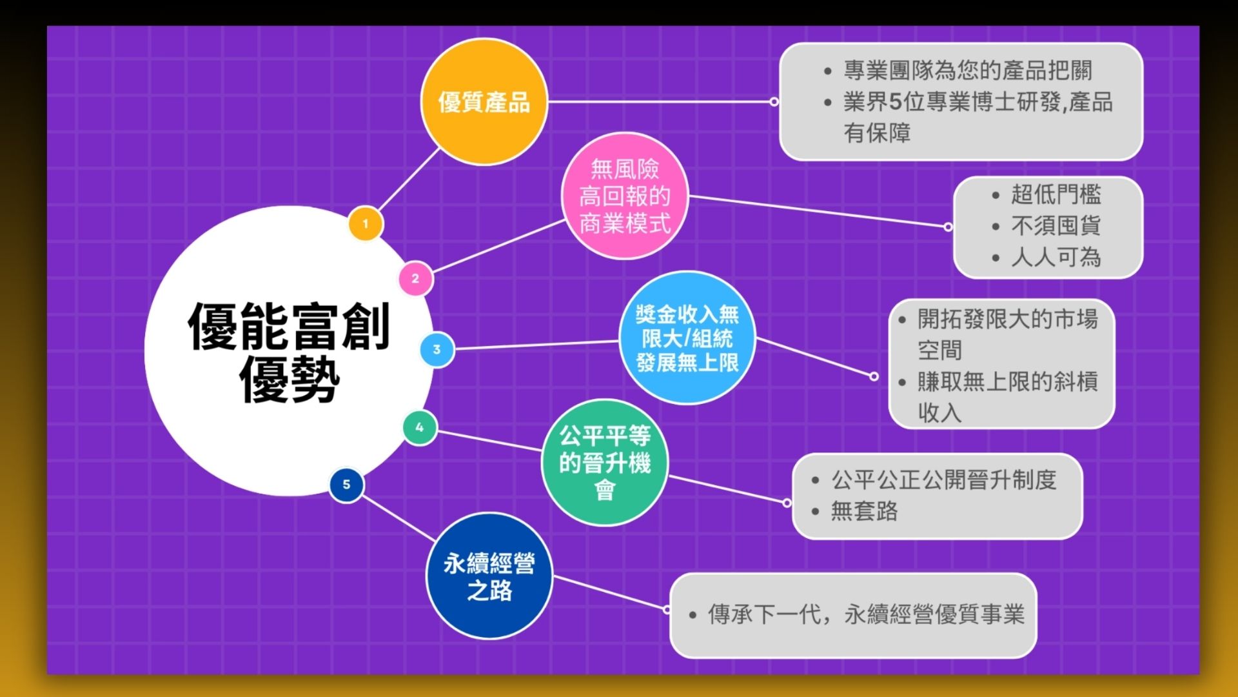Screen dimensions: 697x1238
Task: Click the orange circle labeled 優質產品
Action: [x=484, y=101]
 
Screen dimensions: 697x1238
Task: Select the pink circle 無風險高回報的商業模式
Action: [x=624, y=196]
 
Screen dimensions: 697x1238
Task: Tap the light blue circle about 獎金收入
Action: [x=687, y=338]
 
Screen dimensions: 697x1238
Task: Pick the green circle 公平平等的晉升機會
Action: [x=604, y=463]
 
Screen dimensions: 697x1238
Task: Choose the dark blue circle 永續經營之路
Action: [x=489, y=576]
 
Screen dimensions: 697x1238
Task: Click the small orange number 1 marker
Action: [x=366, y=224]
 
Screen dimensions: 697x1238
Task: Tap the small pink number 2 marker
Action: [x=415, y=279]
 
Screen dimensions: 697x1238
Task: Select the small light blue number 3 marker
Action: [x=437, y=350]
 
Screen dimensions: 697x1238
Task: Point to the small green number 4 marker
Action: [x=419, y=427]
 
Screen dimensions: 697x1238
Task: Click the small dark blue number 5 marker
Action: [x=346, y=485]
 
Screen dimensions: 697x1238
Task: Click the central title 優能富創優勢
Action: [x=289, y=352]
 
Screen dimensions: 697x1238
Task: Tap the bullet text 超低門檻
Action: [x=1056, y=194]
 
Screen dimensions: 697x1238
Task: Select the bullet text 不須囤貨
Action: [x=1056, y=226]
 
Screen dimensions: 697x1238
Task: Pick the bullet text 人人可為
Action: [x=1056, y=258]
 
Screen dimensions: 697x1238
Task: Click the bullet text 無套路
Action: [x=864, y=511]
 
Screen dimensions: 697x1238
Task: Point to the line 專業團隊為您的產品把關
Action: [x=967, y=70]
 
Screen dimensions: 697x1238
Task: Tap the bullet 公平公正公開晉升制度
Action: [x=943, y=480]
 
